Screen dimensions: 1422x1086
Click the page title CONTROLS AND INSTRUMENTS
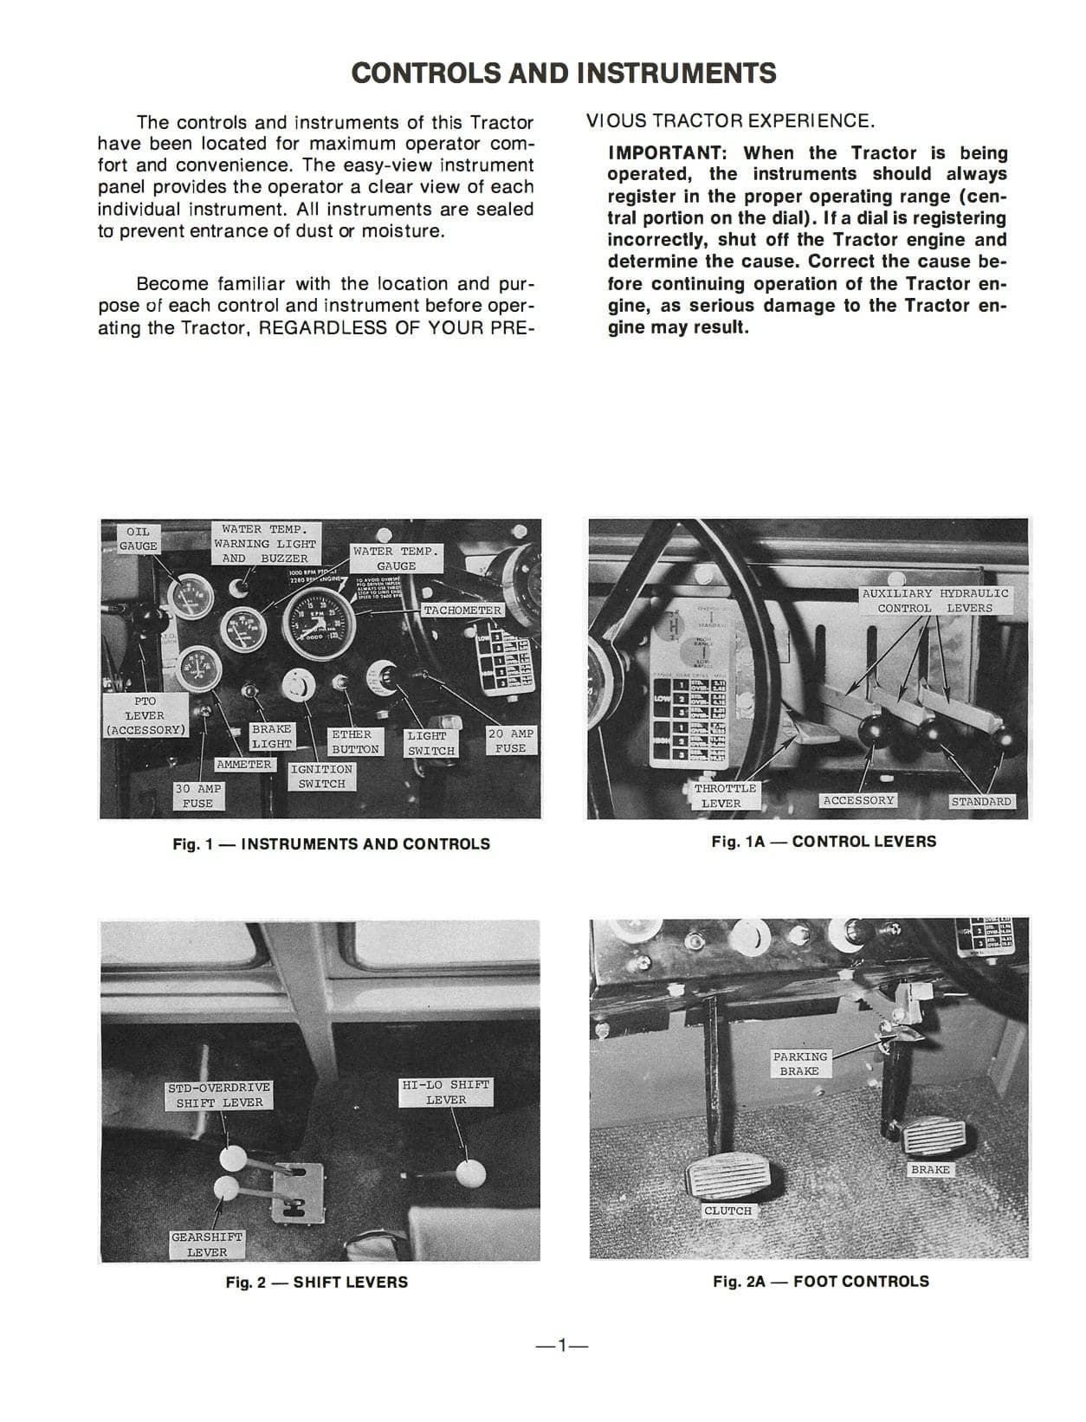[x=564, y=73]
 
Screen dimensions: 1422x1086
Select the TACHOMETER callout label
[x=462, y=610]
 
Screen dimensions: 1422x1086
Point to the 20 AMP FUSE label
[x=511, y=740]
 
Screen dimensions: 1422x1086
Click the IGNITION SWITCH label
[x=321, y=776]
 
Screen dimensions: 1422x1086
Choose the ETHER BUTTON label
[x=354, y=741]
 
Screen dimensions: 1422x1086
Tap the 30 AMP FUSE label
[x=197, y=796]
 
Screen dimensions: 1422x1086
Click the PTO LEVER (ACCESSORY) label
[x=145, y=715]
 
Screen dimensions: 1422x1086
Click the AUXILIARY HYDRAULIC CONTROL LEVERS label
[x=935, y=600]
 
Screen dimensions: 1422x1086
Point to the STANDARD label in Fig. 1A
[x=980, y=801]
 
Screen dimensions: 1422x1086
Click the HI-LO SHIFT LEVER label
[x=445, y=1091]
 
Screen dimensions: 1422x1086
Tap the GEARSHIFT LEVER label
[x=206, y=1244]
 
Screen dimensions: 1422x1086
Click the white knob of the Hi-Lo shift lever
[x=470, y=1174]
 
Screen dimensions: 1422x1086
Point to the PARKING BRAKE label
[x=799, y=1063]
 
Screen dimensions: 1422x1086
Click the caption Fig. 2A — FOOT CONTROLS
[x=820, y=1281]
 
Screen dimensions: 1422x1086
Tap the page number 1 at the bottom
[x=561, y=1345]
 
